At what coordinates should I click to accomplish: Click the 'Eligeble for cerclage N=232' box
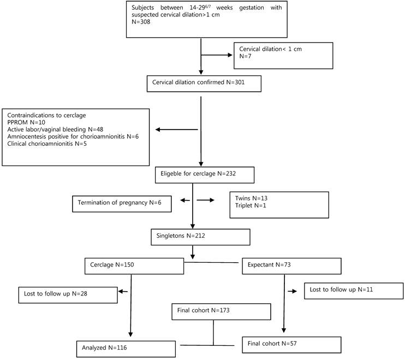(202, 175)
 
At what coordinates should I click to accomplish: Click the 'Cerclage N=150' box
(134, 265)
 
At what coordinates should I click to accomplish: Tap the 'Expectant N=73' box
(291, 265)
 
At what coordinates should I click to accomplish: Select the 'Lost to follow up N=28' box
(67, 294)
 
